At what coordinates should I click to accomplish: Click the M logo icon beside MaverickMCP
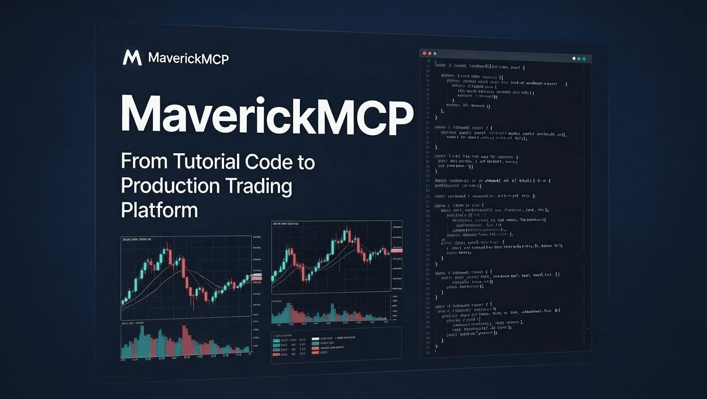click(132, 58)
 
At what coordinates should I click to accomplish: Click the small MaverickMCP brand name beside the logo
click(188, 58)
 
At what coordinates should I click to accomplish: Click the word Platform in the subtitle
click(159, 210)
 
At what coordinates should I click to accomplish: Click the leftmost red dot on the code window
click(424, 54)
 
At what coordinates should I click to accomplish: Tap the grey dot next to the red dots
click(435, 54)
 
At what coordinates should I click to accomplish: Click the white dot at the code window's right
click(574, 59)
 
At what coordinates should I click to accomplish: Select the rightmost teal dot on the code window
click(584, 59)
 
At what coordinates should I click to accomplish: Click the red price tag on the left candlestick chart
click(257, 278)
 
